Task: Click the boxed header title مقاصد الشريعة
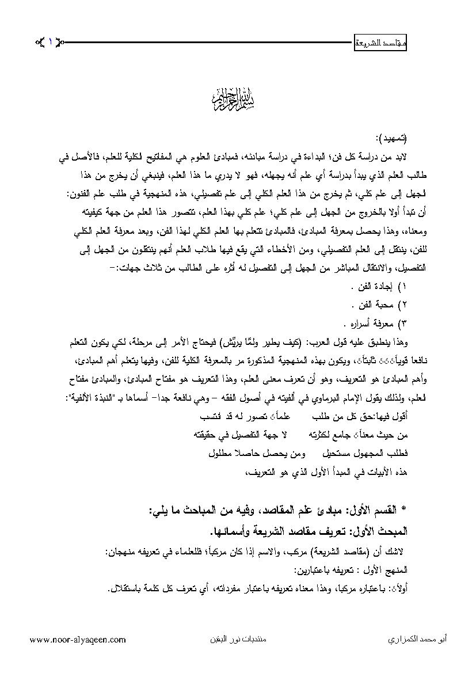click(x=379, y=42)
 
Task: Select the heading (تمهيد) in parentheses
click(x=391, y=138)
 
